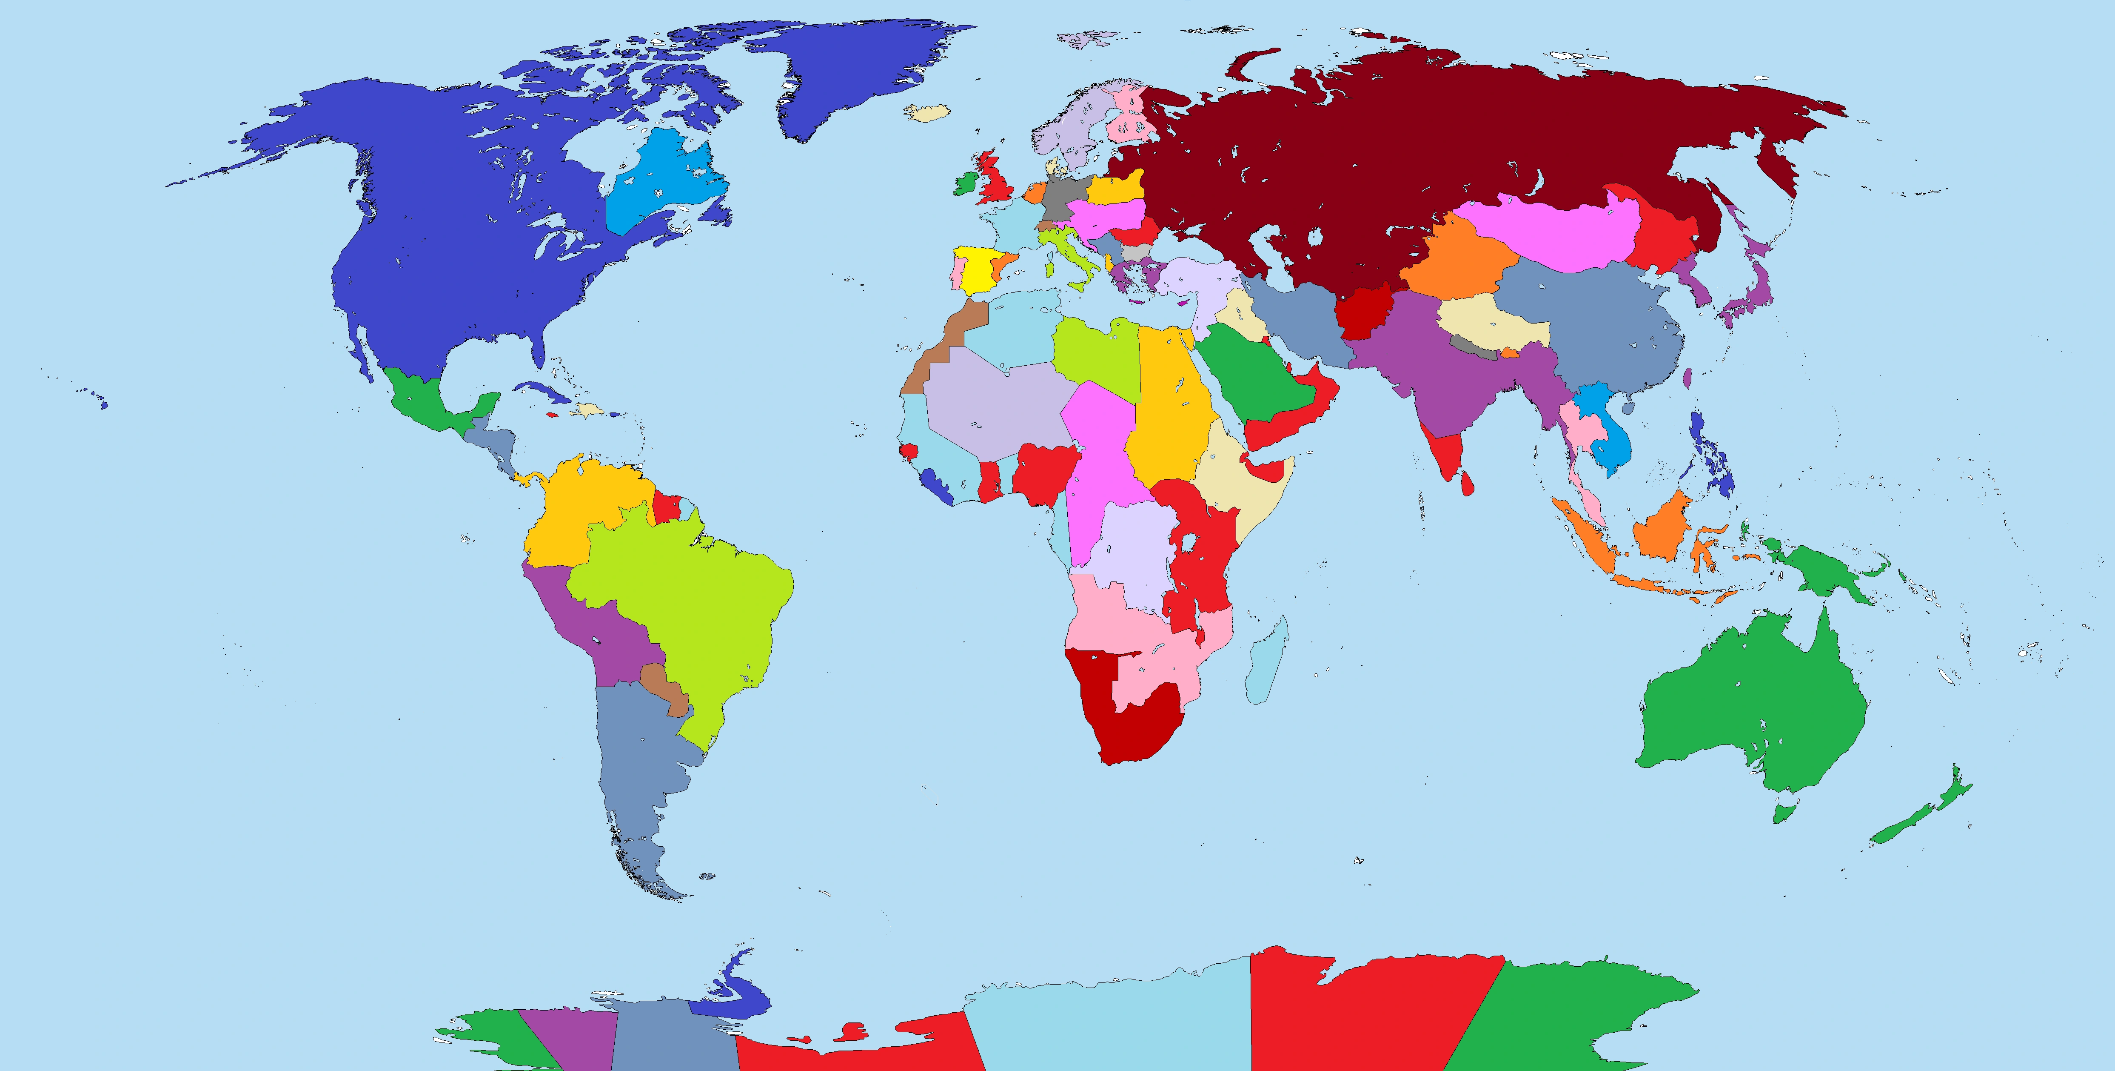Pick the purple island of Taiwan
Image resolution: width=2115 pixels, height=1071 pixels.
click(x=1687, y=378)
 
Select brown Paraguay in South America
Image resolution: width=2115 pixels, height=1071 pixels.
click(x=664, y=686)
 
